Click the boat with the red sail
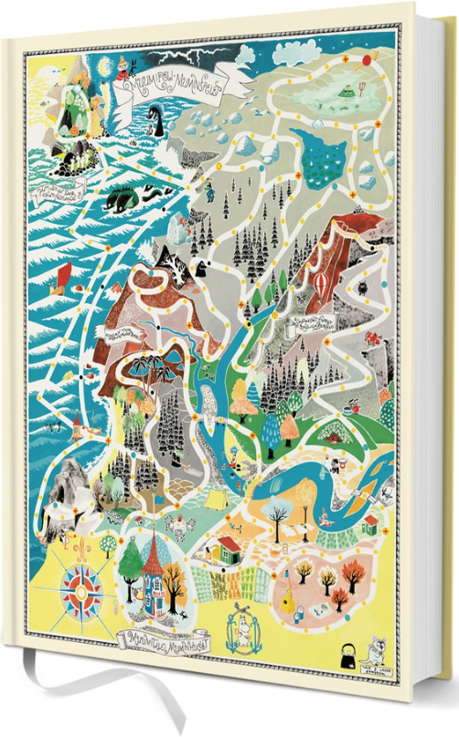point(62,273)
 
